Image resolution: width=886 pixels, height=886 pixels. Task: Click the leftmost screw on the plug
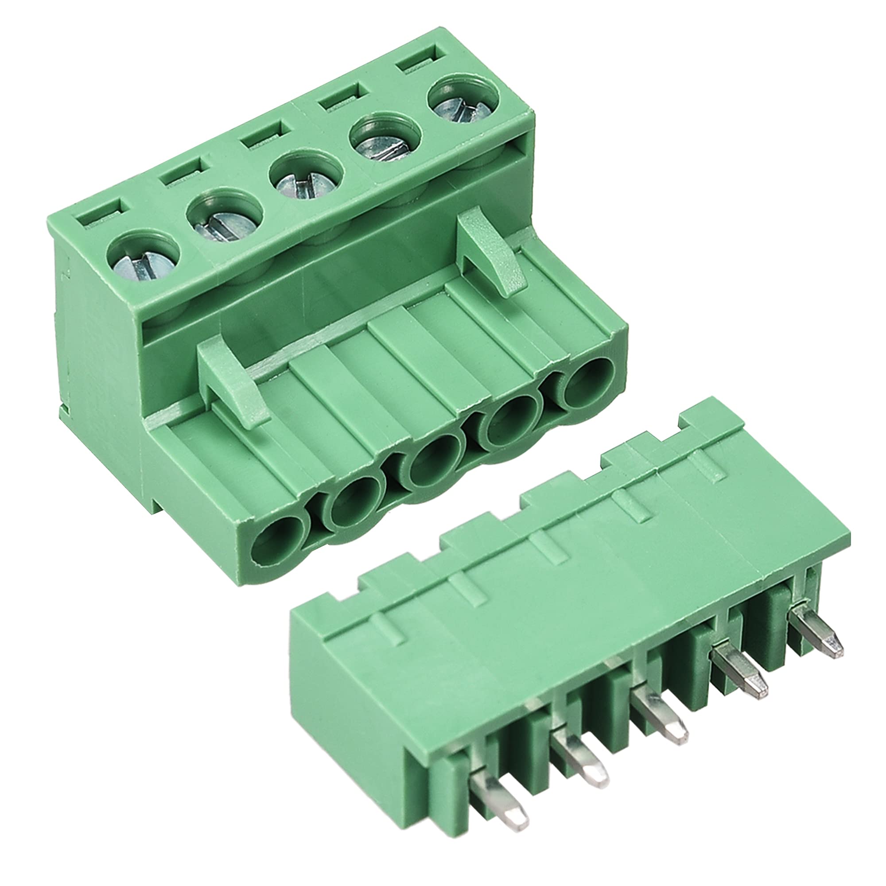coord(142,264)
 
